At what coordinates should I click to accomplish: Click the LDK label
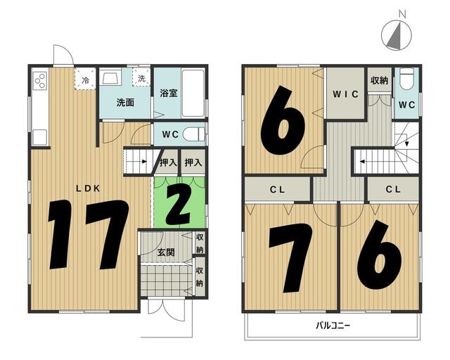click(88, 188)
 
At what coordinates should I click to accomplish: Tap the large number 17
click(89, 235)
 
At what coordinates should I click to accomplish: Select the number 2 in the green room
click(178, 207)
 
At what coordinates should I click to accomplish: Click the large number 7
click(290, 257)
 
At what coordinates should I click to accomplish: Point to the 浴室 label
click(169, 93)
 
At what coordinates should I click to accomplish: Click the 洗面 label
click(125, 103)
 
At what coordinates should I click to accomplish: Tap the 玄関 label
click(166, 252)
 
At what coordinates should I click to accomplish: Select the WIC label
click(345, 94)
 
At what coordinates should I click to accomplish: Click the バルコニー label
click(333, 326)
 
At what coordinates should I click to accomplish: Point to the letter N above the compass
click(403, 14)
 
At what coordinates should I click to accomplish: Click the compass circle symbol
click(397, 35)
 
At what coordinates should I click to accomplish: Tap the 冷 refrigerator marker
click(85, 79)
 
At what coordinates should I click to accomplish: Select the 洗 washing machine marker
click(141, 77)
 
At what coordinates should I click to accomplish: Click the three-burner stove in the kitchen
click(40, 80)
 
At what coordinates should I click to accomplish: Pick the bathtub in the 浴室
click(193, 94)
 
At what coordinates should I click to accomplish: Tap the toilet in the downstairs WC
click(194, 134)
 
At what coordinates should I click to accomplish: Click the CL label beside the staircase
click(393, 189)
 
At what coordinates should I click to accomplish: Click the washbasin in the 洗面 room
click(110, 77)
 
